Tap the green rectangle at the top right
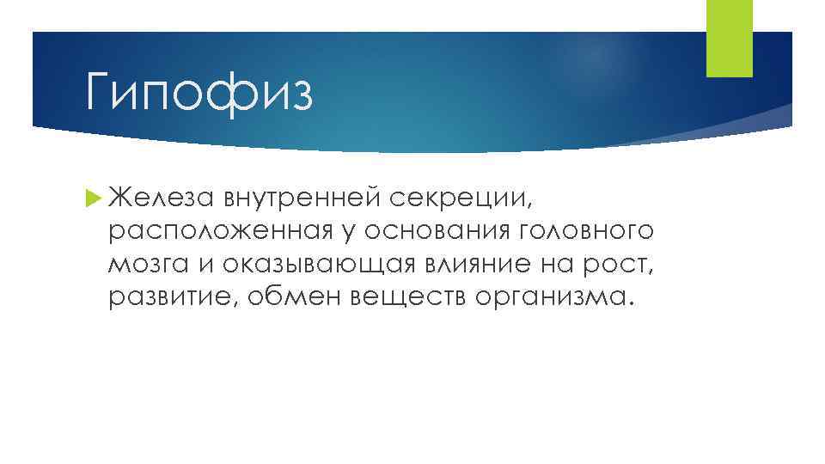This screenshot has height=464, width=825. tap(729, 38)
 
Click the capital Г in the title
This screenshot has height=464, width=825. tap(100, 89)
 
